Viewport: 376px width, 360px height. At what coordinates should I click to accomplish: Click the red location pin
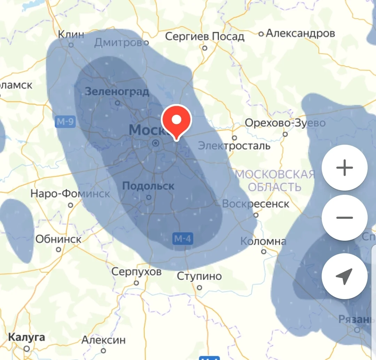click(177, 121)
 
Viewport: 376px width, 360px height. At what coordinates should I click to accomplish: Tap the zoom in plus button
click(345, 168)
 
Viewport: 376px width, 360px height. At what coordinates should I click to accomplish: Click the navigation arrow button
click(345, 276)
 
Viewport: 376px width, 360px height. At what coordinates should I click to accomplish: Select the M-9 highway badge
click(65, 122)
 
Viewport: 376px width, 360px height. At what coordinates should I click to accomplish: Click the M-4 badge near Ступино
click(183, 239)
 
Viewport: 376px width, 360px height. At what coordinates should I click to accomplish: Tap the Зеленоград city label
click(117, 92)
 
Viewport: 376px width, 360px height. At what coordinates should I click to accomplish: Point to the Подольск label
click(148, 186)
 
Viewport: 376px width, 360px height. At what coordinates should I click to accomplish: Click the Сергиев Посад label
click(205, 36)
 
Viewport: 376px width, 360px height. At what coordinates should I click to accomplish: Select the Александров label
click(300, 33)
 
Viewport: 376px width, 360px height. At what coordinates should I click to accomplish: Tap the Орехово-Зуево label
click(285, 123)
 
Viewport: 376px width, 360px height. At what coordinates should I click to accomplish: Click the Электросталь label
click(234, 146)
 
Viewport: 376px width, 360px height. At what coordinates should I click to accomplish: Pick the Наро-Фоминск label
click(70, 193)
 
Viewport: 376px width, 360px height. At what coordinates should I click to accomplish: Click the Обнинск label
click(58, 239)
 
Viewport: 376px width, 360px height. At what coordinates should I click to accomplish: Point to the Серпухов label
click(136, 272)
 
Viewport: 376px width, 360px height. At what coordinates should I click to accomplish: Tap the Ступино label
click(199, 277)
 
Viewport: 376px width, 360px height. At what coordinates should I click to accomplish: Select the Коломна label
click(263, 241)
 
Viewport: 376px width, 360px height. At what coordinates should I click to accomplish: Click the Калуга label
click(26, 337)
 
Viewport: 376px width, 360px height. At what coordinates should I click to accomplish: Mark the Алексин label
click(103, 340)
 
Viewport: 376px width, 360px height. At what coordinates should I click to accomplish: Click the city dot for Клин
click(71, 45)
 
